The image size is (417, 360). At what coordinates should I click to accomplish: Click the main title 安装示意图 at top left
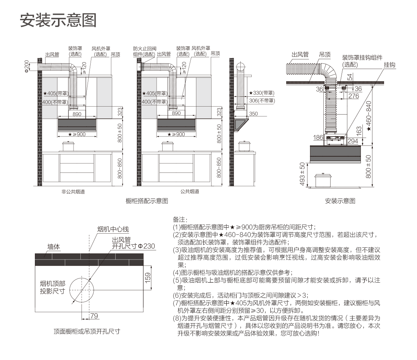[x=58, y=20]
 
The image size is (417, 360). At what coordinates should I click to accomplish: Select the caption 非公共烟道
[x=73, y=192]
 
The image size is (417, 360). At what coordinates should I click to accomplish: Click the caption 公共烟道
[x=190, y=192]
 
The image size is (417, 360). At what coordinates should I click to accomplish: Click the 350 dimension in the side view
[x=253, y=114]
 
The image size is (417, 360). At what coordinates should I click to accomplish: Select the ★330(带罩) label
[x=262, y=93]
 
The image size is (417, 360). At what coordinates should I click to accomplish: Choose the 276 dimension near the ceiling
[x=353, y=96]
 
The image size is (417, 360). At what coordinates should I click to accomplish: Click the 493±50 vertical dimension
[x=302, y=174]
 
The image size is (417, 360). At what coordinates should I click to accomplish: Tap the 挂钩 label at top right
[x=389, y=65]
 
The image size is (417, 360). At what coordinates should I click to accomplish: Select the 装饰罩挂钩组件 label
[x=362, y=57]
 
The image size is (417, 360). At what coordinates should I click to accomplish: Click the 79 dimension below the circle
[x=94, y=316]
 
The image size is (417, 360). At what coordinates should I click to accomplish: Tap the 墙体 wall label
[x=53, y=247]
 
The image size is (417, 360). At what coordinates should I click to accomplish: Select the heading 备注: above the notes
[x=180, y=220]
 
